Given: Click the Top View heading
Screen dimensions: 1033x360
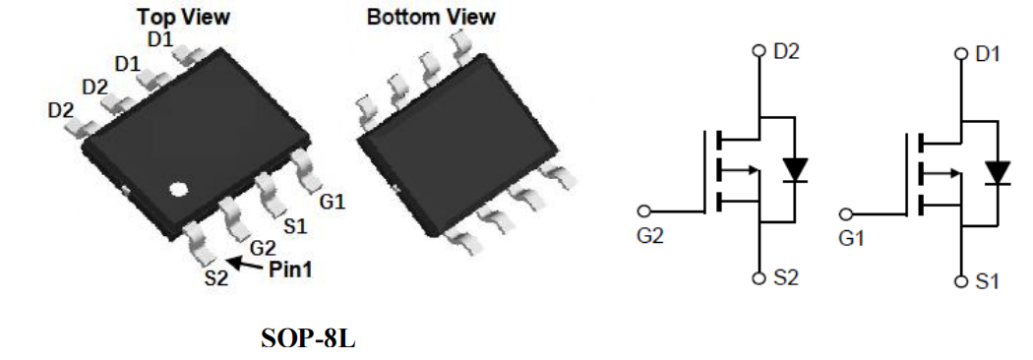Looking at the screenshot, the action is pos(183,17).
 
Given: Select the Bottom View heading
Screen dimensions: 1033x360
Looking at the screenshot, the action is pos(431,17).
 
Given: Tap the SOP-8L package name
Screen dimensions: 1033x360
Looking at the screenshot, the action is pos(308,338).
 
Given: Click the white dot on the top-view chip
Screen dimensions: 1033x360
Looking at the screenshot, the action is pos(178,190).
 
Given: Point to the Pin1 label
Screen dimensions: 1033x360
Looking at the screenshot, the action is pos(290,270).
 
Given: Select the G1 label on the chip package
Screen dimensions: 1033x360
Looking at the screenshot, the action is pos(333,202).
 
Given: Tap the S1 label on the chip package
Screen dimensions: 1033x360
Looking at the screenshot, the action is pos(295,226).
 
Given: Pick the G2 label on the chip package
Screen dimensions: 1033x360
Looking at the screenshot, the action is pos(263,249).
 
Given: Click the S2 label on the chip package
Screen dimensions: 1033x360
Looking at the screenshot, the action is pos(216,277).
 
